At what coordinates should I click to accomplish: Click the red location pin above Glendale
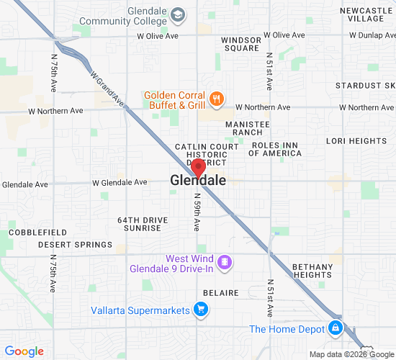click(198, 168)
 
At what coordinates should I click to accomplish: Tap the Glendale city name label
click(198, 181)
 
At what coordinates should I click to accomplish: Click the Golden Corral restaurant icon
click(215, 99)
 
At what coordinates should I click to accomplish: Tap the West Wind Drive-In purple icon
click(225, 261)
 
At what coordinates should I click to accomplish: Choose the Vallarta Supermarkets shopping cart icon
click(201, 310)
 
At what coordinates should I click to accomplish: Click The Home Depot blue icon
click(335, 328)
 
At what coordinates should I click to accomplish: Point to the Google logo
click(24, 351)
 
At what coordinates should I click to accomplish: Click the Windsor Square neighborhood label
click(240, 43)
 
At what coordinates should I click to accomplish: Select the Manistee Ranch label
click(248, 128)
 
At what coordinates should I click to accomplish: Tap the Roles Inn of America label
click(276, 149)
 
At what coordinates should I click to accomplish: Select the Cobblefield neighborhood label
click(37, 233)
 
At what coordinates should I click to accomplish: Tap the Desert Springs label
click(75, 245)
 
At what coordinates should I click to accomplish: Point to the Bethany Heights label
click(313, 271)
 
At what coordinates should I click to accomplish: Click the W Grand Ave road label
click(108, 89)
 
